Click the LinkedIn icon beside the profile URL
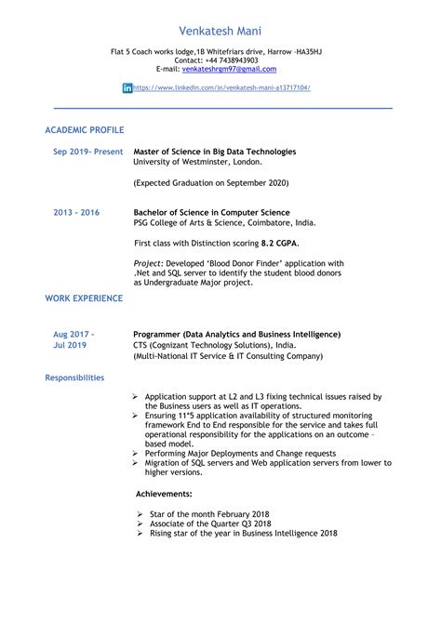point(127,87)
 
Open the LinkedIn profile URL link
point(222,87)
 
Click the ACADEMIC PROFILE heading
point(85,129)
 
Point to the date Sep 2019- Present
point(87,151)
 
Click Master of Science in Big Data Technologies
point(214,151)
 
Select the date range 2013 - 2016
point(76,212)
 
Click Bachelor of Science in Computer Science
point(211,212)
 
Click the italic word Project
point(149,263)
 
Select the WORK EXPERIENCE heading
point(84,298)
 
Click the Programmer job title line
point(236,334)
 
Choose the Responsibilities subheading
point(74,378)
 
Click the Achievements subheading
point(165,494)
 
